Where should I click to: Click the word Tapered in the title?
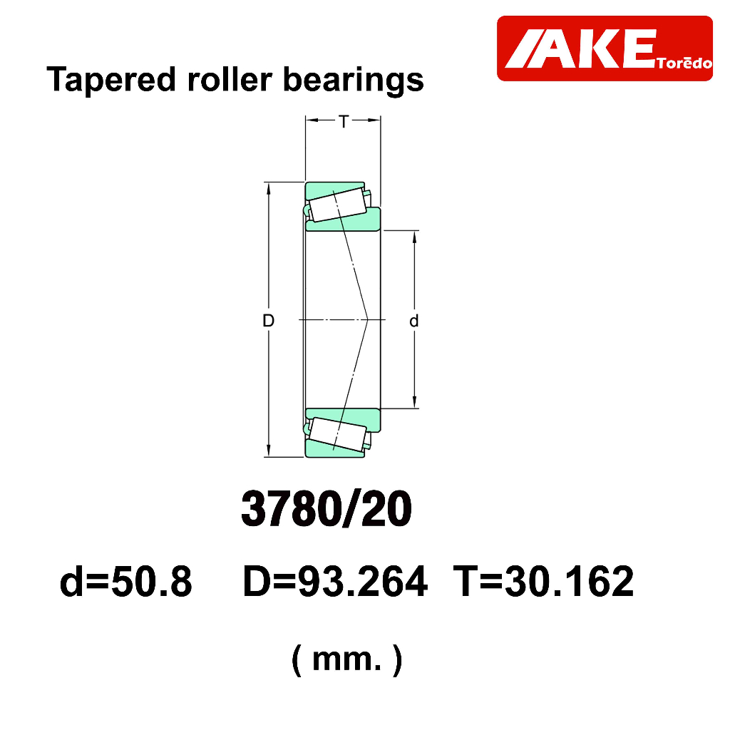pyautogui.click(x=111, y=81)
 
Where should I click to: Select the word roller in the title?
pyautogui.click(x=230, y=79)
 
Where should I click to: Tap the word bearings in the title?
pyautogui.click(x=354, y=81)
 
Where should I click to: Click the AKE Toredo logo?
pyautogui.click(x=605, y=48)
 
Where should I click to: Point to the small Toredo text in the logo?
pyautogui.click(x=684, y=63)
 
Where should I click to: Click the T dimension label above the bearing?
pyautogui.click(x=344, y=121)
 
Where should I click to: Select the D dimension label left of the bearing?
pyautogui.click(x=268, y=320)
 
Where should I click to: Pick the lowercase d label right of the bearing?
pyautogui.click(x=414, y=321)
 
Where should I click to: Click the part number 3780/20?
pyautogui.click(x=327, y=509)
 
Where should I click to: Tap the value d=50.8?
pyautogui.click(x=125, y=581)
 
